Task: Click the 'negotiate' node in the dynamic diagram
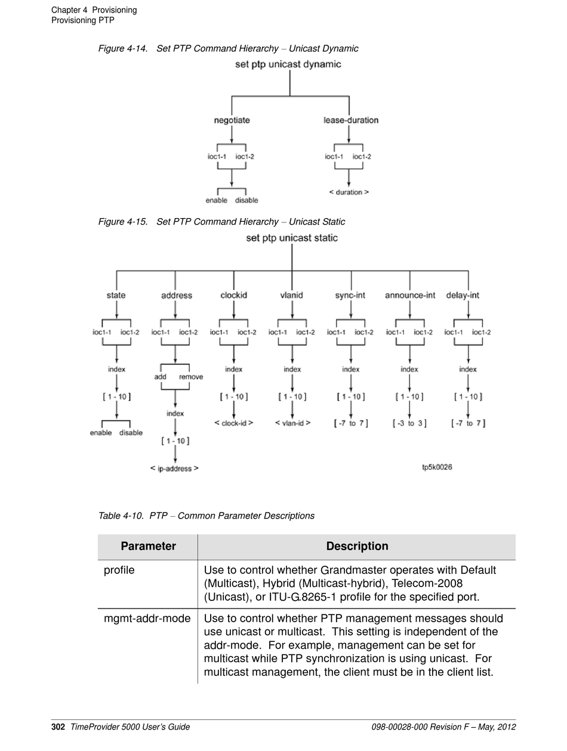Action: coord(232,120)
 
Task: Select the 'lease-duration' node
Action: coord(351,120)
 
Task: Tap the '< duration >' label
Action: coord(349,192)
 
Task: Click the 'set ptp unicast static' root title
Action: coord(291,238)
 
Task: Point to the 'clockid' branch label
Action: coord(233,295)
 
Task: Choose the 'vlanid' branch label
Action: coord(291,295)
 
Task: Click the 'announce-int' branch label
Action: coord(410,295)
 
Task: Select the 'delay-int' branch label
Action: coord(463,295)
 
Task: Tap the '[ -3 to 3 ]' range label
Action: coord(410,423)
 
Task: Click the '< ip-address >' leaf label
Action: coord(174,468)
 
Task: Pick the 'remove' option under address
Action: coord(191,377)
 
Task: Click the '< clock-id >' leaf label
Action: coord(233,423)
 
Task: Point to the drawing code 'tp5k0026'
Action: coord(437,467)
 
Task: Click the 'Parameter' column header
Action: coord(148,546)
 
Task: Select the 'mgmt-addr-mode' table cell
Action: coord(147,618)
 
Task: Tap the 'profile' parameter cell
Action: coord(119,570)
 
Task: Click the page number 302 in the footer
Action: coord(58,727)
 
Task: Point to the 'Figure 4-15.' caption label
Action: coord(123,222)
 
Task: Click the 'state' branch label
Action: coord(116,295)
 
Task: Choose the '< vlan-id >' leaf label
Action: coord(292,423)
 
